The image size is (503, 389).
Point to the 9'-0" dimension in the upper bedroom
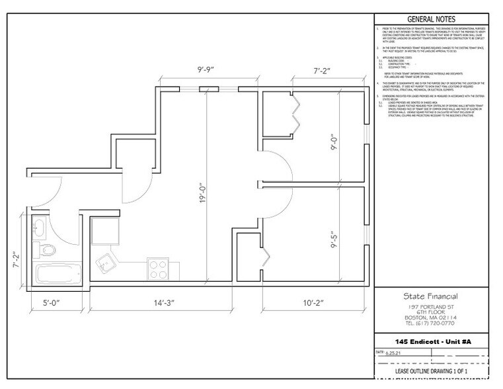(x=333, y=142)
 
